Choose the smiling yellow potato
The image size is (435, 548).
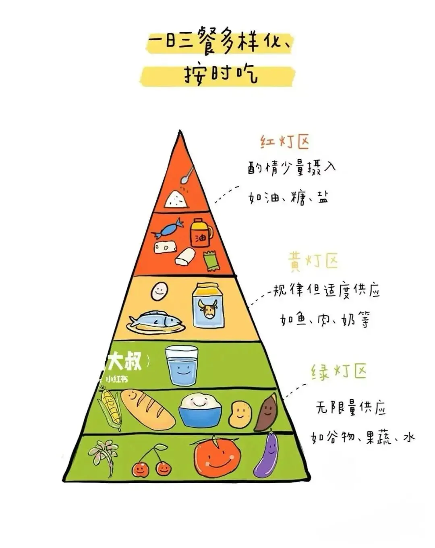pyautogui.click(x=240, y=414)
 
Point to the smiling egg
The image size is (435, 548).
pyautogui.click(x=159, y=291)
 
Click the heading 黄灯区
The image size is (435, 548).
pyautogui.click(x=313, y=261)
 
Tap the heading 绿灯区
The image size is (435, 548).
pyautogui.click(x=339, y=371)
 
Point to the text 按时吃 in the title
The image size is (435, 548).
pyautogui.click(x=221, y=74)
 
